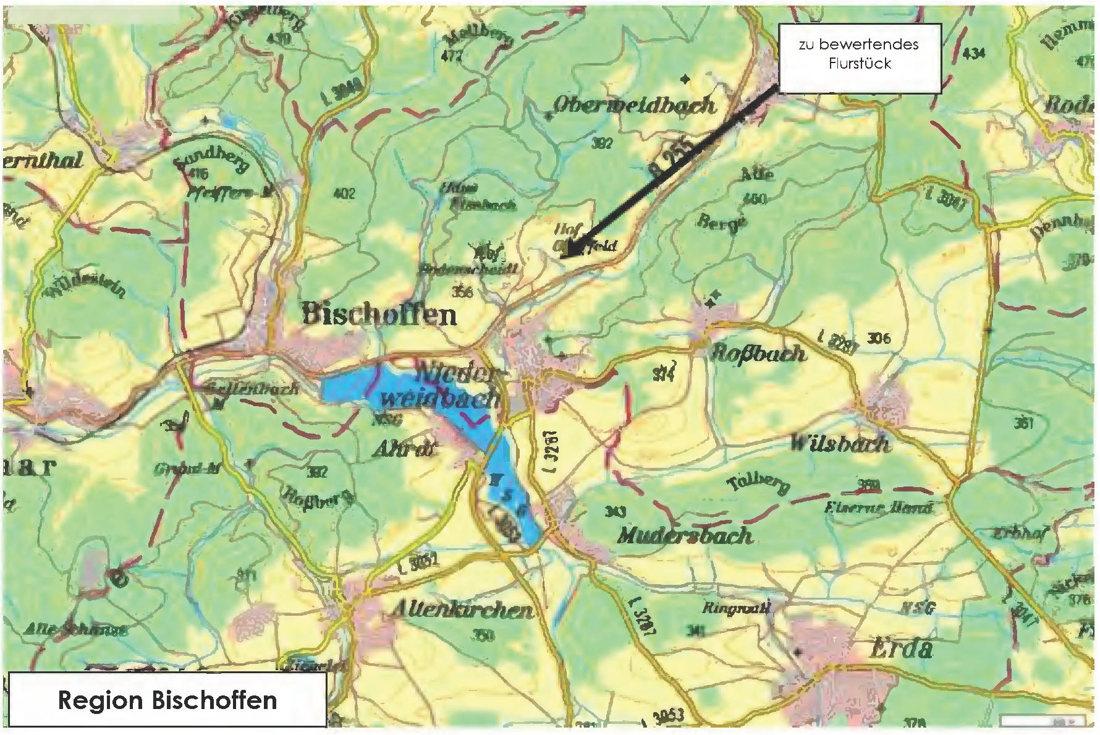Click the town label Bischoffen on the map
click(x=379, y=314)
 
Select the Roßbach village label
click(x=759, y=353)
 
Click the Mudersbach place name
click(x=685, y=535)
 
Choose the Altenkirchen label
click(x=462, y=610)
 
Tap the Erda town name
click(x=900, y=649)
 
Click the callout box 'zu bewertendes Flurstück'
click(x=859, y=58)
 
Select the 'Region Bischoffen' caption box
click(x=167, y=700)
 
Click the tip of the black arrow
click(x=569, y=254)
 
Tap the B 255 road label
click(x=672, y=158)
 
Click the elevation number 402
click(x=344, y=193)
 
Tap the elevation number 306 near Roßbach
click(x=879, y=338)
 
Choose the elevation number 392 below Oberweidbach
click(x=602, y=143)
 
